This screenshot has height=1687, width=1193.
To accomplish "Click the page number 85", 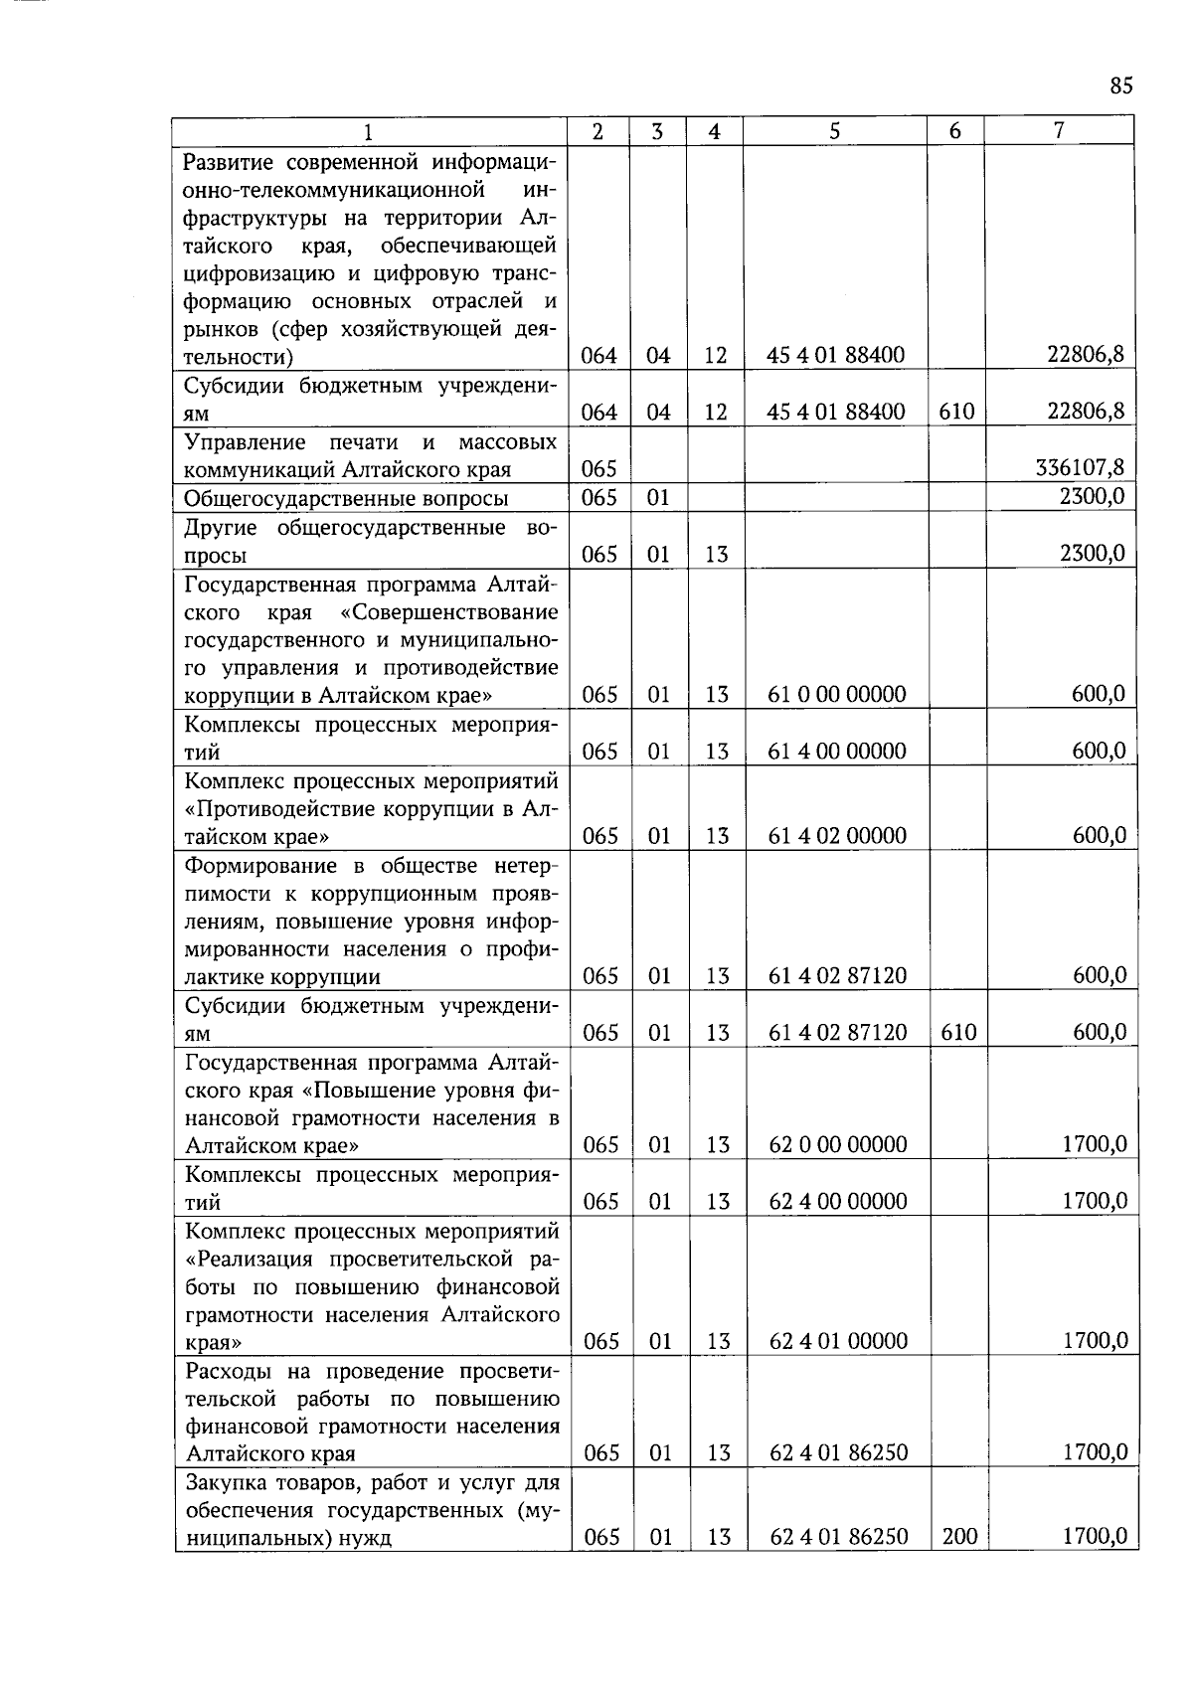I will pyautogui.click(x=1120, y=86).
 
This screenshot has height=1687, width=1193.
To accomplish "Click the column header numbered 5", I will pyautogui.click(x=834, y=130).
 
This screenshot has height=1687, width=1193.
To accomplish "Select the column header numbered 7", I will pyautogui.click(x=1059, y=130).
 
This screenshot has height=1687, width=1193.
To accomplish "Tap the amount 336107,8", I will pyautogui.click(x=1080, y=468).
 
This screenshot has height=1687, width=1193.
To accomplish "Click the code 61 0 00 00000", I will pyautogui.click(x=837, y=695).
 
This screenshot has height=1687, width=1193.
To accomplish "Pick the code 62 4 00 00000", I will pyautogui.click(x=838, y=1201).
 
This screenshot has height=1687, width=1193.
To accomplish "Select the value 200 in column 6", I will pyautogui.click(x=958, y=1537).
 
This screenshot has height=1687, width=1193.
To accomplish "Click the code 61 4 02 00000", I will pyautogui.click(x=837, y=835).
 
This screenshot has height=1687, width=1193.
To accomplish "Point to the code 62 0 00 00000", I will pyautogui.click(x=838, y=1144).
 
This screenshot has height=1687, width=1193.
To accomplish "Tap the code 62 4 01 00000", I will pyautogui.click(x=838, y=1341).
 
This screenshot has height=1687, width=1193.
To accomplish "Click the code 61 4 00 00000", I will pyautogui.click(x=837, y=752).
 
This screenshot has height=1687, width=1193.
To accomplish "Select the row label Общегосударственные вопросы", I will pyautogui.click(x=347, y=498).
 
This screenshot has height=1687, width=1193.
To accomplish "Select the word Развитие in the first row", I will pyautogui.click(x=228, y=161).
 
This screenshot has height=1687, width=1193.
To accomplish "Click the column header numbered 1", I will pyautogui.click(x=369, y=132).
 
